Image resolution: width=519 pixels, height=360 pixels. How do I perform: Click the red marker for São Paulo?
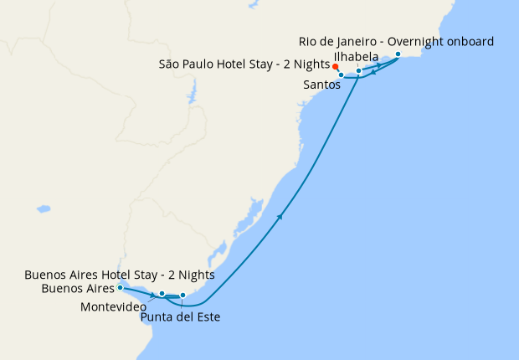[335, 66]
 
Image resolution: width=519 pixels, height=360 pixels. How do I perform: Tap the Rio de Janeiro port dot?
[398, 54]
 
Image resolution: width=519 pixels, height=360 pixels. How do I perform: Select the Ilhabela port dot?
[358, 71]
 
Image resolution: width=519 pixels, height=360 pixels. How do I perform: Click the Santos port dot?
[342, 75]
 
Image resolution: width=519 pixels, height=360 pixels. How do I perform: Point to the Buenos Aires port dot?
[121, 287]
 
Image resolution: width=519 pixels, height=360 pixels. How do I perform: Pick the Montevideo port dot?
[162, 293]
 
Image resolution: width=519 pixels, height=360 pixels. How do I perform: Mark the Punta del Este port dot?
[182, 295]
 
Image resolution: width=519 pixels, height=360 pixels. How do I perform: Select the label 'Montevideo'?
[114, 307]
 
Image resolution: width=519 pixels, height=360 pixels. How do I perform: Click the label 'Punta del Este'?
[181, 317]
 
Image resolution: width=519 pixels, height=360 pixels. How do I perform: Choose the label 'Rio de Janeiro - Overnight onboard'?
[396, 41]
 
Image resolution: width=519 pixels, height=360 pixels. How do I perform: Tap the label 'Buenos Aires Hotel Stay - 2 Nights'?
[120, 275]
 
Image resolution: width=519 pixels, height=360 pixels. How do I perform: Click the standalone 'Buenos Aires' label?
[78, 289]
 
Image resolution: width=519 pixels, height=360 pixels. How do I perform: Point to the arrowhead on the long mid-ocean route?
[280, 217]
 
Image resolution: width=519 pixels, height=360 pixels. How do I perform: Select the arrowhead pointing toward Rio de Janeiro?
[379, 64]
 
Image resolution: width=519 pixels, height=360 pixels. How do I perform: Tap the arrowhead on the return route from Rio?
[373, 72]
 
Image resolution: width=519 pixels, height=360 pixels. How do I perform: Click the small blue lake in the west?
[44, 208]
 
